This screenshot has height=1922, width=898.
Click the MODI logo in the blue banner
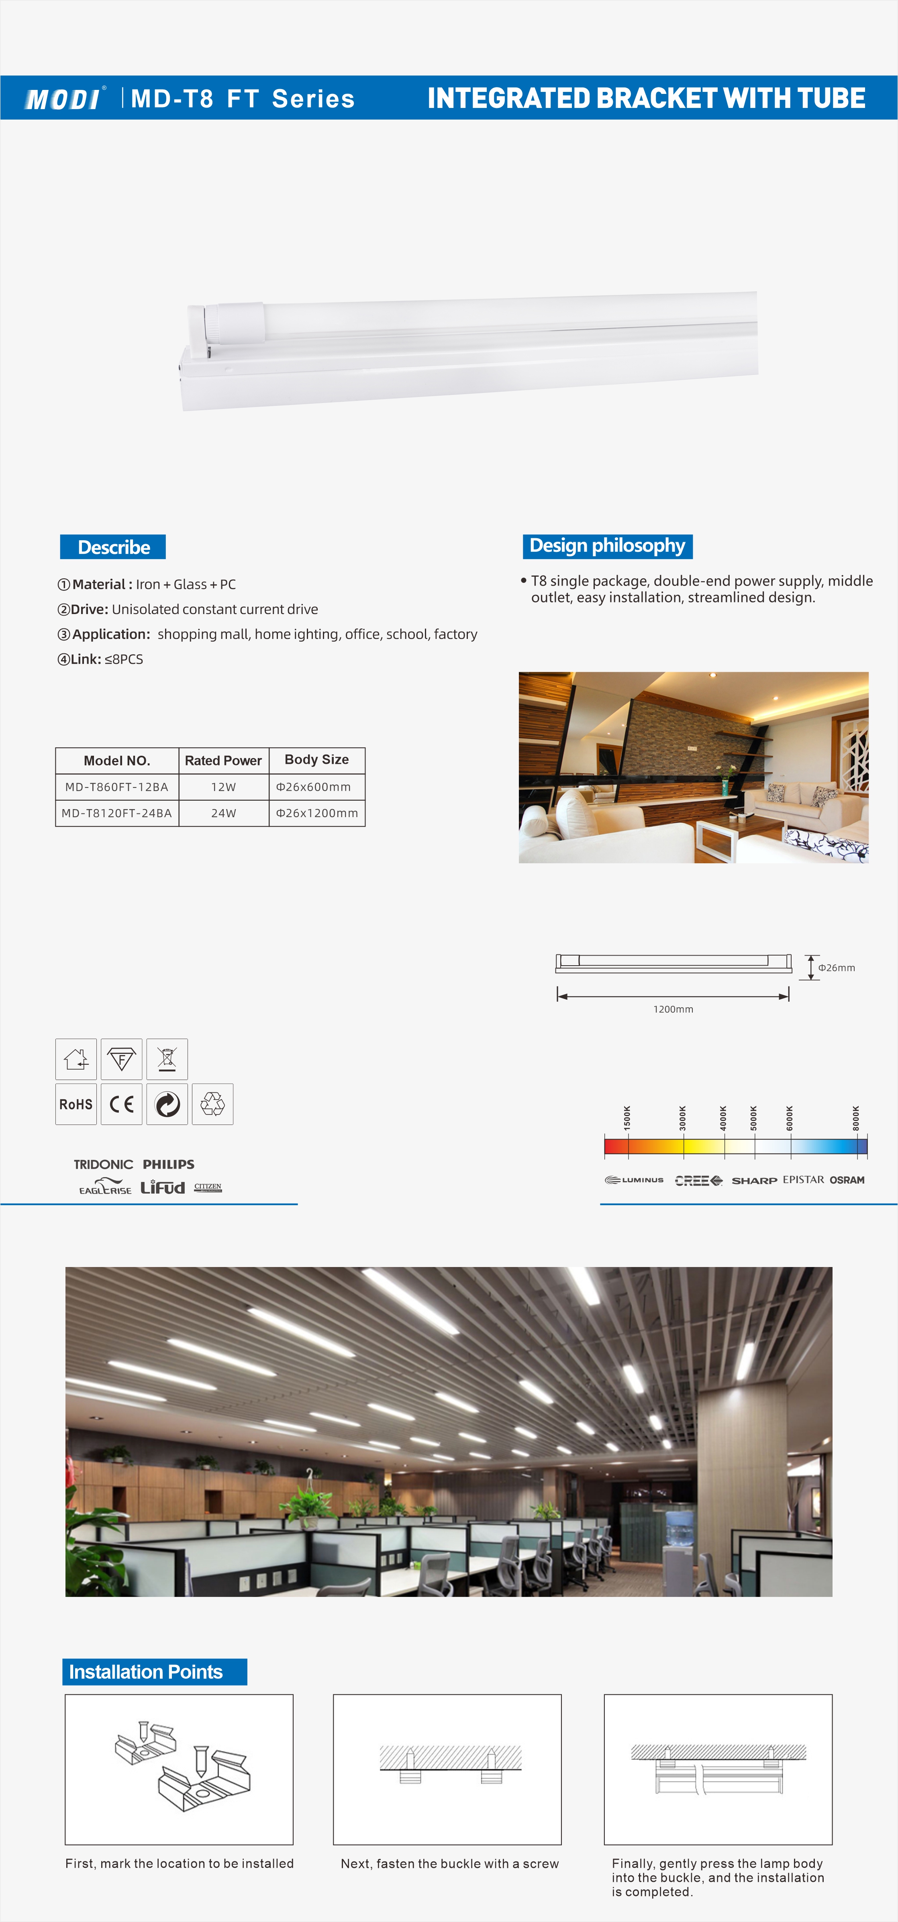click(63, 98)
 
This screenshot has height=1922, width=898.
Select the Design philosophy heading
click(607, 546)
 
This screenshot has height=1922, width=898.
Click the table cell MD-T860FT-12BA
click(116, 786)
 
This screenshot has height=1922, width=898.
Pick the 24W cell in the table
click(223, 813)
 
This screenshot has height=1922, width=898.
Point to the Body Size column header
click(316, 760)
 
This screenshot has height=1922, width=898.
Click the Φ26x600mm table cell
click(314, 786)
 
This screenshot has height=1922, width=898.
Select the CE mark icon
click(122, 1104)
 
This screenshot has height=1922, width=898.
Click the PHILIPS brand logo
click(169, 1164)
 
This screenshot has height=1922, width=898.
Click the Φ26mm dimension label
click(836, 968)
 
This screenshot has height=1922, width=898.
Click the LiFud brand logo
click(163, 1187)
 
